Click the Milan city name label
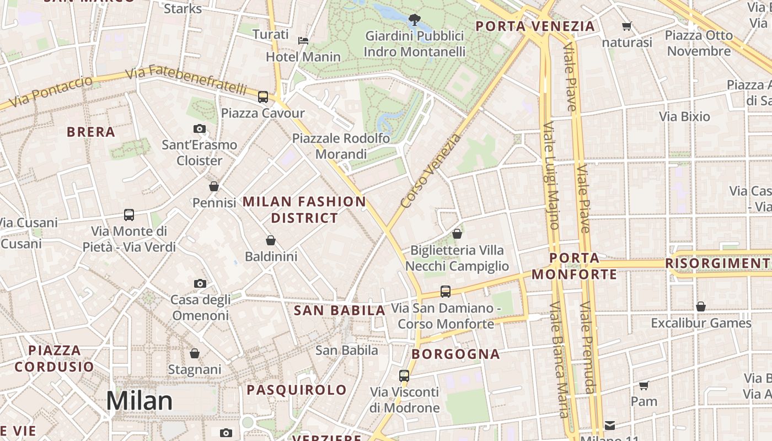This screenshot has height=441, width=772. [x=139, y=401]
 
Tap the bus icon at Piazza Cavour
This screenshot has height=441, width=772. [x=263, y=97]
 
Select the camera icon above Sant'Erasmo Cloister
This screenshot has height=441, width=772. [x=200, y=129]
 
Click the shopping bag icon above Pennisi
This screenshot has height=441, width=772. [x=214, y=187]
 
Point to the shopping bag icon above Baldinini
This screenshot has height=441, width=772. [x=271, y=240]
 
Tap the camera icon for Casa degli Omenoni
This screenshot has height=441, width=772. [x=200, y=284]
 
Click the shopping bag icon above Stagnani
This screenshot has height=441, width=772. [x=195, y=353]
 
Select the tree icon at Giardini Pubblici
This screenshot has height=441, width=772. [x=414, y=20]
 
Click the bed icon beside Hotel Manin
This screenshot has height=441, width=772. [x=303, y=40]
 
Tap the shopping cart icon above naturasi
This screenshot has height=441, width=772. [x=626, y=26]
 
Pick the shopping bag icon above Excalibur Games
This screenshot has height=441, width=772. [x=701, y=306]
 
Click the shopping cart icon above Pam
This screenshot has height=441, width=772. [x=644, y=385]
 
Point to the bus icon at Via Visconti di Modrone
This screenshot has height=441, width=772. [x=404, y=376]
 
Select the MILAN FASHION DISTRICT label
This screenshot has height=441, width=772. [x=304, y=209]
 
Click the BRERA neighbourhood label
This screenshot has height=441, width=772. [x=91, y=132]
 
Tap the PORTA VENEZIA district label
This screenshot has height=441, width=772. [x=535, y=26]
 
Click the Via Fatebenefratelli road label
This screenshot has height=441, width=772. [x=186, y=80]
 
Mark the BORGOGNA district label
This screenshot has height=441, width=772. [x=455, y=354]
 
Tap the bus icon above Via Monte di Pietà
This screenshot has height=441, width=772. [x=129, y=215]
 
